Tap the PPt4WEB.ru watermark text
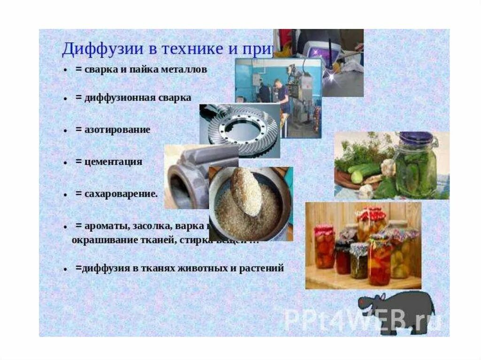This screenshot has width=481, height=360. click(x=362, y=319)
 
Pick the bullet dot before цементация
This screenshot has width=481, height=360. click(x=65, y=162)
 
